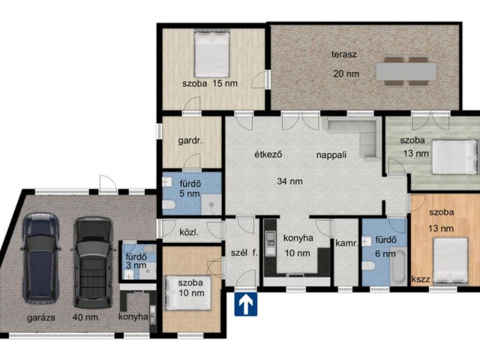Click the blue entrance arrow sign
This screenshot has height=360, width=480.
click(246, 304)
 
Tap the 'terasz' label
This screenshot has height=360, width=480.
click(344, 55)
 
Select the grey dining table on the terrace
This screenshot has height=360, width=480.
click(406, 71)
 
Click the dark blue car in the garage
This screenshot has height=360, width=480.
click(40, 258)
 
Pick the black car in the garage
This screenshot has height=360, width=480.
click(93, 262)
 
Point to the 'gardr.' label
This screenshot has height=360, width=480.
click(190, 141)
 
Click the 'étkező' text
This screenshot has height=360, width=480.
click(268, 154)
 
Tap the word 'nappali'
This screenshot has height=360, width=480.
click(331, 154)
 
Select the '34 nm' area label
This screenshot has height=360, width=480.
click(289, 181)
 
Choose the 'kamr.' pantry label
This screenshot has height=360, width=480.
click(346, 244)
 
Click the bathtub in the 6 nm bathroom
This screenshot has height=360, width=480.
click(398, 265)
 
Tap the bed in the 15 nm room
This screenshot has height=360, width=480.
click(211, 54)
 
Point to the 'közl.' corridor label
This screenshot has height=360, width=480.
click(189, 232)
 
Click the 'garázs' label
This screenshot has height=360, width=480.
click(41, 317)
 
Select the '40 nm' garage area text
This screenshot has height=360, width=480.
click(85, 316)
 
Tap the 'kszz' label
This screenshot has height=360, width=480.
click(420, 279)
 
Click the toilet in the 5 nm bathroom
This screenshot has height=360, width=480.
click(168, 205)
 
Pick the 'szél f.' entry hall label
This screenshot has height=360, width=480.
click(244, 253)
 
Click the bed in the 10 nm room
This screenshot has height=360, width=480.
click(188, 293)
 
